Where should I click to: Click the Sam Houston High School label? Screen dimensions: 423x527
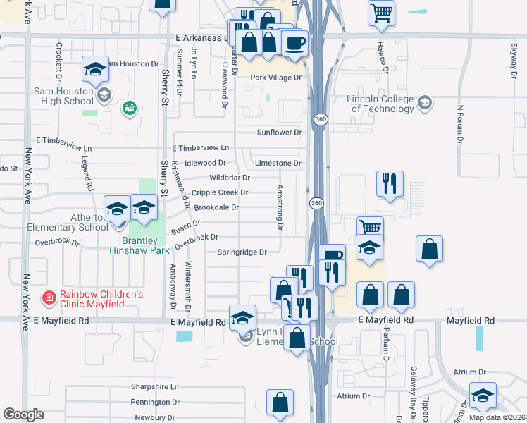63,96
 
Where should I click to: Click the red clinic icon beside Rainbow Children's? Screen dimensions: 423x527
49,298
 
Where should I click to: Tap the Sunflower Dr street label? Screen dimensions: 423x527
279,132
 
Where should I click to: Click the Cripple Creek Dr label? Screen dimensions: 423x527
220,192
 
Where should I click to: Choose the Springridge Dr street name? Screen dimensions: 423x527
242,252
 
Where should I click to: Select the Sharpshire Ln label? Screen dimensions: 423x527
155,387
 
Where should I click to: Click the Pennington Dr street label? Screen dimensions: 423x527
155,402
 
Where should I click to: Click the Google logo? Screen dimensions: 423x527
23,415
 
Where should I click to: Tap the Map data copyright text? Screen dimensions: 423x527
497,417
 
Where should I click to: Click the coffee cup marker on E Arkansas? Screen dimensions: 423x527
294,44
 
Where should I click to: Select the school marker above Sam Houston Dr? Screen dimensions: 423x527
95,69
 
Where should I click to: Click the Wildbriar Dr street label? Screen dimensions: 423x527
229,178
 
